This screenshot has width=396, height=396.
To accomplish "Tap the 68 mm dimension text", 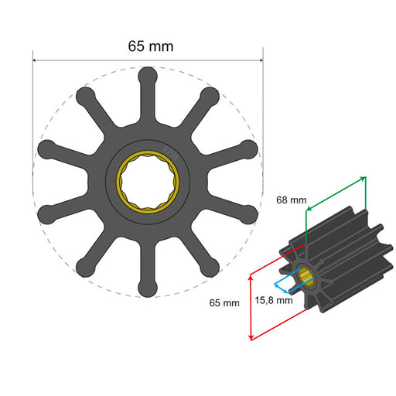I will pyautogui.click(x=292, y=200).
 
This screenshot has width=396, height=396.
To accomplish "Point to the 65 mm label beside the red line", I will pyautogui.click(x=224, y=303).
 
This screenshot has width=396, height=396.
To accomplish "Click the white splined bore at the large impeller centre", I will pyautogui.click(x=147, y=183).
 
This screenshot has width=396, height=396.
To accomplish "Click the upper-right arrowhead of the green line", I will pyautogui.click(x=363, y=179).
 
